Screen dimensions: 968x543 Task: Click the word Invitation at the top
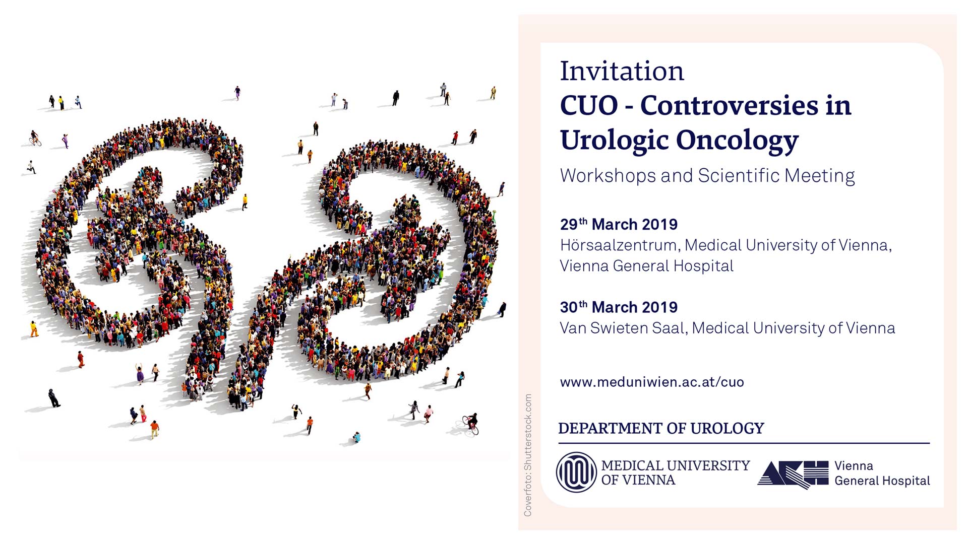(x=622, y=71)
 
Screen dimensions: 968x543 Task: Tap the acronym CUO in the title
(x=589, y=106)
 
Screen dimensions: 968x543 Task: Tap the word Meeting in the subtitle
(x=820, y=176)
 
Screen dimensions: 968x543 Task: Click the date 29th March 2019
(x=619, y=224)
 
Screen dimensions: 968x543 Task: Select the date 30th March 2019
(x=619, y=307)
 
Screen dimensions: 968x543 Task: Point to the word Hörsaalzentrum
(x=620, y=245)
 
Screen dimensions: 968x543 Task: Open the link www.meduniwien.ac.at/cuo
(x=652, y=382)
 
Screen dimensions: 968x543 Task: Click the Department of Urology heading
(x=661, y=428)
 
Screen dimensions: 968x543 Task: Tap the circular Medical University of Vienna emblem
(x=576, y=472)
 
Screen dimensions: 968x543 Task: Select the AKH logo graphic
(x=793, y=474)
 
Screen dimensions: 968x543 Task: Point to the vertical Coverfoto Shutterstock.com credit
(x=528, y=455)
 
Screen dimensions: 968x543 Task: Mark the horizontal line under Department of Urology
(x=744, y=443)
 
